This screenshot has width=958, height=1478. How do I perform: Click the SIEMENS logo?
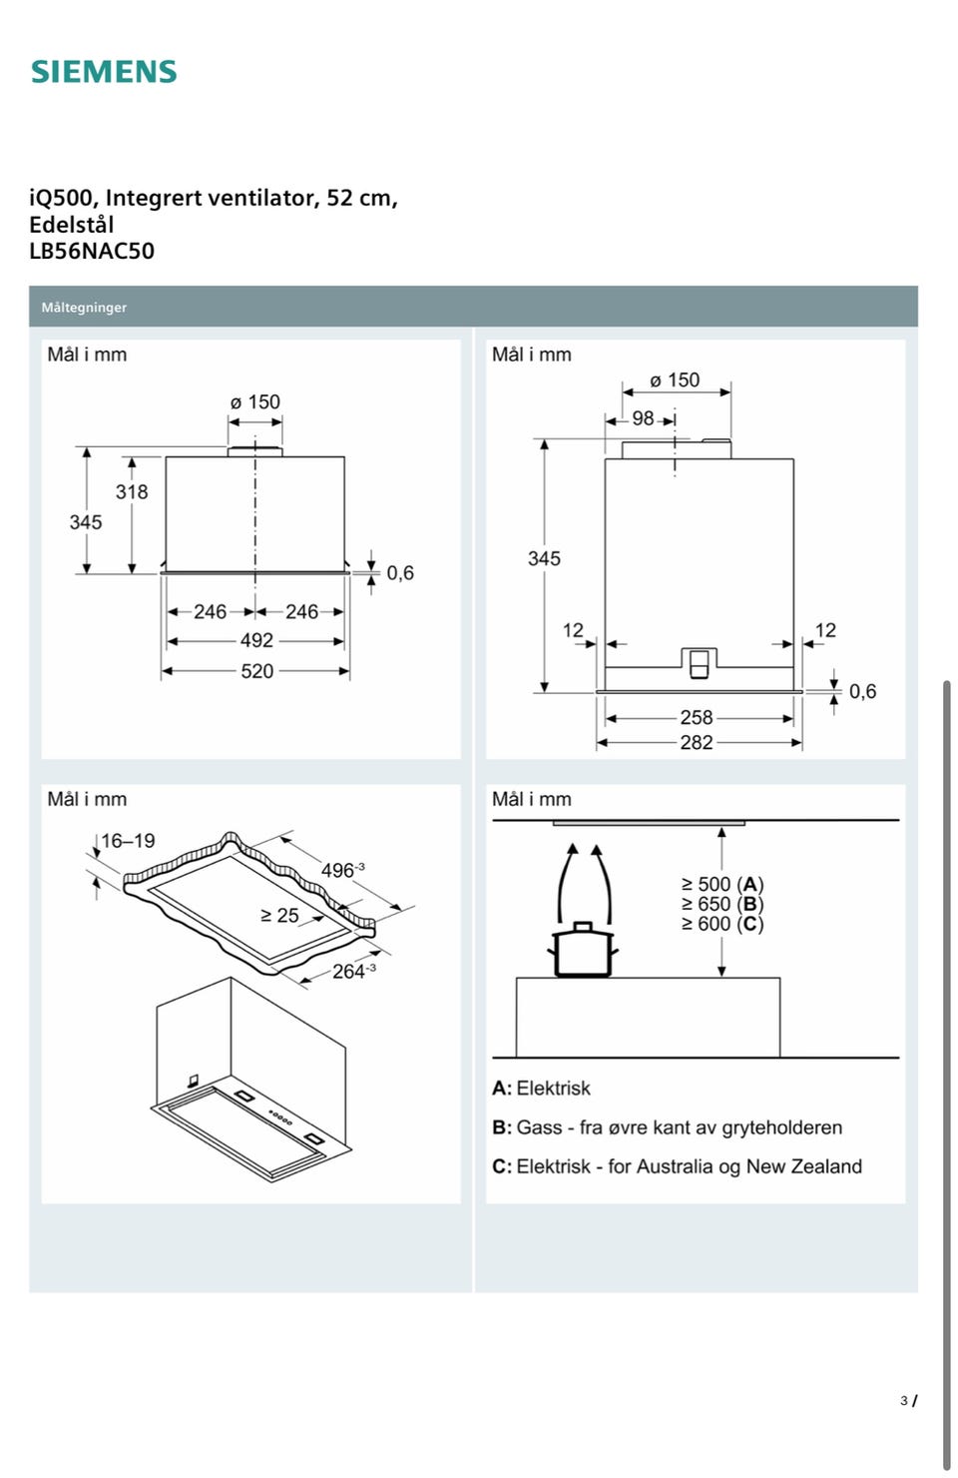pos(104,72)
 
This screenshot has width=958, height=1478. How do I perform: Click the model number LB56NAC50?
pos(92,251)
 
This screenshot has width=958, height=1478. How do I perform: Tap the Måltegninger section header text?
pos(84,308)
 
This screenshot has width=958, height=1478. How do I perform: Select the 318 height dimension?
pos(132,491)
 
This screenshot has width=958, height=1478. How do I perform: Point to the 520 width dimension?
pos(256,671)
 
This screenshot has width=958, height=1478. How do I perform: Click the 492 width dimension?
pos(256,640)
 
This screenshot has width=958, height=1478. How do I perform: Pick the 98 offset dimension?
pos(643,418)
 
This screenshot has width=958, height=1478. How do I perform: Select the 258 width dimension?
pos(697,717)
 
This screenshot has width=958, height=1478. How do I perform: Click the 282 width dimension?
pos(697,742)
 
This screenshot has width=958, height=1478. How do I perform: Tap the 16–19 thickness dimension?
pos(128,841)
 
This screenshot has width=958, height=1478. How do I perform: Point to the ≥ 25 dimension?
pos(279,915)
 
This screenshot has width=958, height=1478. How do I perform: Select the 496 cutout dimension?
pos(340,871)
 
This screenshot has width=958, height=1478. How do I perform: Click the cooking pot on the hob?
pos(584,950)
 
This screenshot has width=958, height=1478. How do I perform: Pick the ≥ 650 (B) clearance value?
pos(722,904)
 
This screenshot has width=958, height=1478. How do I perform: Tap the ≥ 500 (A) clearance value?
pos(722,884)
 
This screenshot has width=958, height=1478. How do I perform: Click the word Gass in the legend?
pos(539,1127)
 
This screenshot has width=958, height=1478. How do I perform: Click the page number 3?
pos(903,1401)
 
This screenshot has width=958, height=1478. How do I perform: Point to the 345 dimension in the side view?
pos(544,558)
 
